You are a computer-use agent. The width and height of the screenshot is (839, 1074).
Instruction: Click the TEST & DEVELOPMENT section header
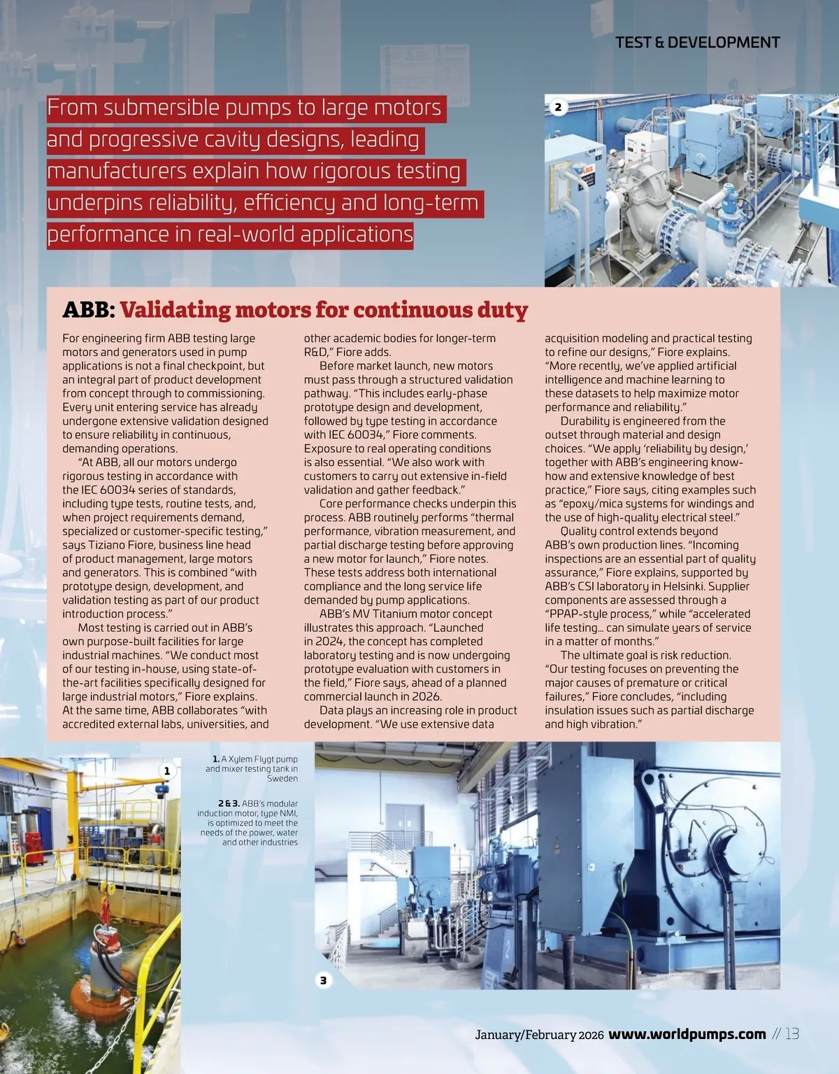click(x=697, y=42)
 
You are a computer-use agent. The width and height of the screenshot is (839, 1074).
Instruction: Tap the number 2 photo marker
click(x=558, y=107)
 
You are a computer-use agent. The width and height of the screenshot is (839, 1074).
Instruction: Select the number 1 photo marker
click(x=166, y=770)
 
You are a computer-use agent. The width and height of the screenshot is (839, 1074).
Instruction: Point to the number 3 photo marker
click(x=323, y=980)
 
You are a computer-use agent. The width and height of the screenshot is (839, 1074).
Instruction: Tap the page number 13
click(x=791, y=1034)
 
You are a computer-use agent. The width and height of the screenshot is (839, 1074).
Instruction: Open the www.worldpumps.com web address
click(x=687, y=1034)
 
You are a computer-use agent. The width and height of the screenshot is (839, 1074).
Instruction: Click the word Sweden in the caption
click(x=282, y=778)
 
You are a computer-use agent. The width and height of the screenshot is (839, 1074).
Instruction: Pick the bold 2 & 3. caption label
click(x=229, y=803)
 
